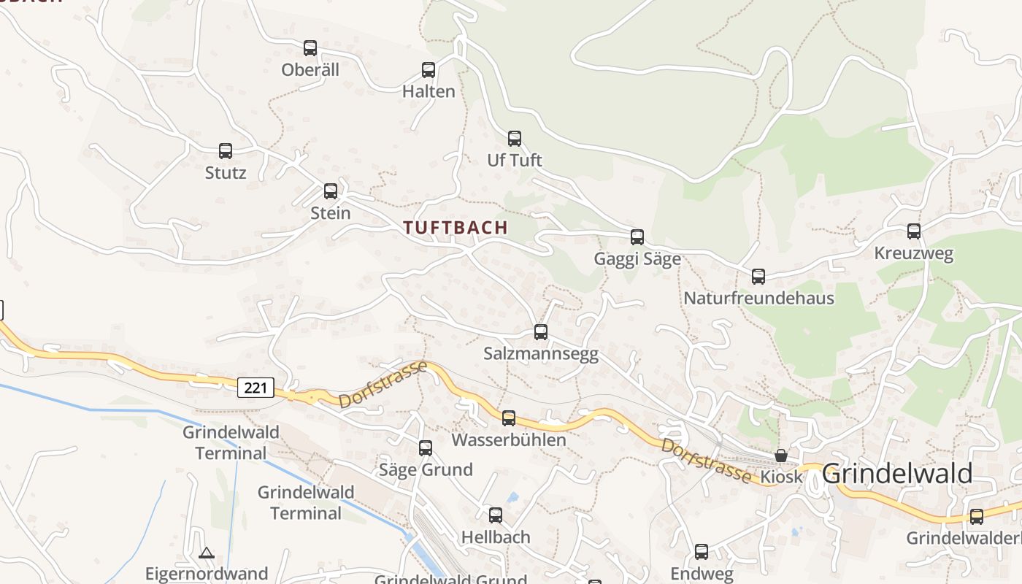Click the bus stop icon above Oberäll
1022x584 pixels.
tap(310, 48)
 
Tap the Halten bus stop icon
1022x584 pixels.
tap(429, 70)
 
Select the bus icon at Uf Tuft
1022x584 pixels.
tap(515, 139)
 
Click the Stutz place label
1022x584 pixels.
tap(226, 173)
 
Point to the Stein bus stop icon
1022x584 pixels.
tap(331, 191)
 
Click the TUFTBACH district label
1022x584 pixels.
tap(456, 227)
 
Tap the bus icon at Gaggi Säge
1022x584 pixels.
tap(637, 237)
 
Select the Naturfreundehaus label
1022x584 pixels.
tap(758, 298)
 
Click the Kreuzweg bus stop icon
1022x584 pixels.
tap(914, 231)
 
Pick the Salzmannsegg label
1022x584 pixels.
tap(541, 354)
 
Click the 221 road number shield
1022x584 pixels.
tap(255, 388)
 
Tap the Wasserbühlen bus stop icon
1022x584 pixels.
tap(509, 418)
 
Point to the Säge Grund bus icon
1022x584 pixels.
tap(426, 448)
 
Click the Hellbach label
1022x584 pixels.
tap(496, 537)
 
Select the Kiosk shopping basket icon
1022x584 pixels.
tap(781, 456)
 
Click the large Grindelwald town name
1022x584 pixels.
tap(897, 473)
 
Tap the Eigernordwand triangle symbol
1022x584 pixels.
tap(207, 553)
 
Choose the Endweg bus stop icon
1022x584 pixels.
tap(702, 552)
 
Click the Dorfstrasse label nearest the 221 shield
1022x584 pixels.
tap(383, 384)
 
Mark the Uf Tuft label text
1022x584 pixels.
tap(515, 160)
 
